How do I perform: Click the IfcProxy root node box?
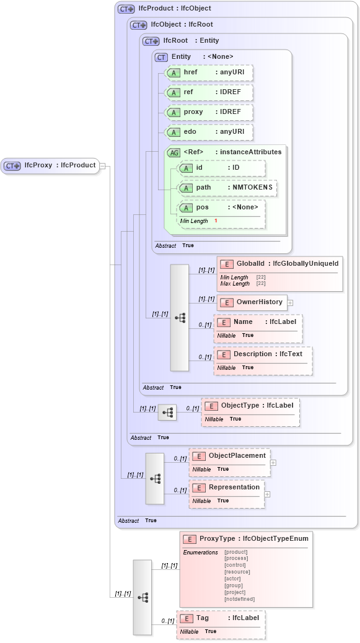pyautogui.click(x=50, y=165)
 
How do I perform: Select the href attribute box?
pyautogui.click(x=209, y=72)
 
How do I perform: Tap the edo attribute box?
pyautogui.click(x=209, y=132)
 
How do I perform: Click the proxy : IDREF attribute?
pyautogui.click(x=209, y=112)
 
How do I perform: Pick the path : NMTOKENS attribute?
pyautogui.click(x=227, y=188)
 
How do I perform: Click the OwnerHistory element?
pyautogui.click(x=252, y=302)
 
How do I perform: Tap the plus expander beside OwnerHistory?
pyautogui.click(x=290, y=303)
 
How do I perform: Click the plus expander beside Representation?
pyautogui.click(x=268, y=494)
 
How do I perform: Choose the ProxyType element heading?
pyautogui.click(x=246, y=539)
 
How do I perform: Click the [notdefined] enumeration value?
pyautogui.click(x=239, y=599)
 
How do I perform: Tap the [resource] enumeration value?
pyautogui.click(x=237, y=572)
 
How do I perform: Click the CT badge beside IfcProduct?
pyautogui.click(x=126, y=9)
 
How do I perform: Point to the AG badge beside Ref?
pyautogui.click(x=173, y=152)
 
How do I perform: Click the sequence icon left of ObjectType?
pyautogui.click(x=167, y=412)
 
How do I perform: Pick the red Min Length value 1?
pyautogui.click(x=216, y=221)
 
